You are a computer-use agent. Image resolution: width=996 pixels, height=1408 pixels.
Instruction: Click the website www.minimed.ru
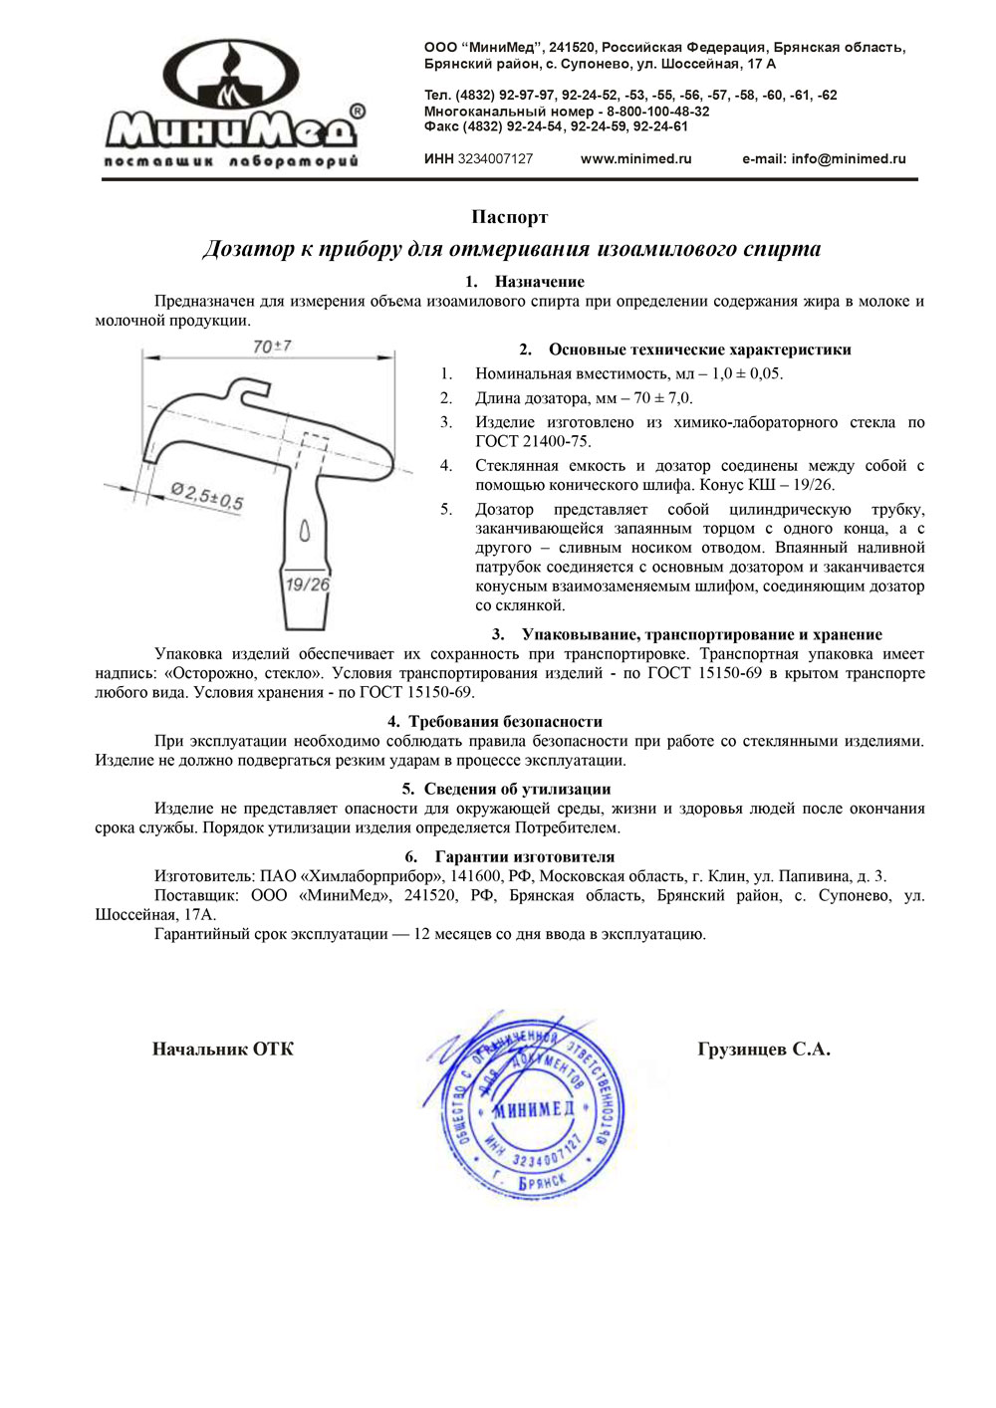pos(635,159)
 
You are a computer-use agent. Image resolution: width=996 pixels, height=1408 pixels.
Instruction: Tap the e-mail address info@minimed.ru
pos(824,159)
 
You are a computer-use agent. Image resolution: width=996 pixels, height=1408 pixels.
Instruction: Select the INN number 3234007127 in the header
pos(495,159)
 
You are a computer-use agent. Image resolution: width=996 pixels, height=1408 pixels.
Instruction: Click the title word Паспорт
pos(509,217)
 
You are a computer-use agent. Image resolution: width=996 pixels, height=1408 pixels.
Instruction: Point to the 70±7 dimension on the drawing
pos(272,347)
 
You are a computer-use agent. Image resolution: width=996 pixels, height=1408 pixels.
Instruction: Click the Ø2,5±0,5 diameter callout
pos(206,495)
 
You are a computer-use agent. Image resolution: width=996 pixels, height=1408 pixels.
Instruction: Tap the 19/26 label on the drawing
pos(307,585)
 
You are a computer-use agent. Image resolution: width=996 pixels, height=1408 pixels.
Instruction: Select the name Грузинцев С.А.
pos(764,1050)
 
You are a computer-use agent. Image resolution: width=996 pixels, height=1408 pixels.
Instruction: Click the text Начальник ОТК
pos(223,1050)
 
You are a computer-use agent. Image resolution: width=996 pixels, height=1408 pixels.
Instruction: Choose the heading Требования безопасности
pos(505,722)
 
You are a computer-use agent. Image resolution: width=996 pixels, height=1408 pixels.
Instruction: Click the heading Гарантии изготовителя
pos(524,857)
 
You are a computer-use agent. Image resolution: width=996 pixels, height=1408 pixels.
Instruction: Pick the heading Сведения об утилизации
pos(517,790)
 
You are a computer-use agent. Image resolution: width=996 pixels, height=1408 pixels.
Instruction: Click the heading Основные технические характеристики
pos(699,350)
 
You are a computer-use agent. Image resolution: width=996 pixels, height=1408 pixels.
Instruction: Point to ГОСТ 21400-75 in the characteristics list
pos(532,442)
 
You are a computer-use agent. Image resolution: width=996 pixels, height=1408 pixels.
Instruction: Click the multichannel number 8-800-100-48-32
pos(657,112)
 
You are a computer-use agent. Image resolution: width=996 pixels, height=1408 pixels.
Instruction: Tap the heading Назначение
pos(539,282)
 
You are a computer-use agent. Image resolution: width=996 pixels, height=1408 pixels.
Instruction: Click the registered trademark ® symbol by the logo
pos(358,111)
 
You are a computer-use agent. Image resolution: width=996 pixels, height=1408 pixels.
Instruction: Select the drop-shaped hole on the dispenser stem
pos(305,531)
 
